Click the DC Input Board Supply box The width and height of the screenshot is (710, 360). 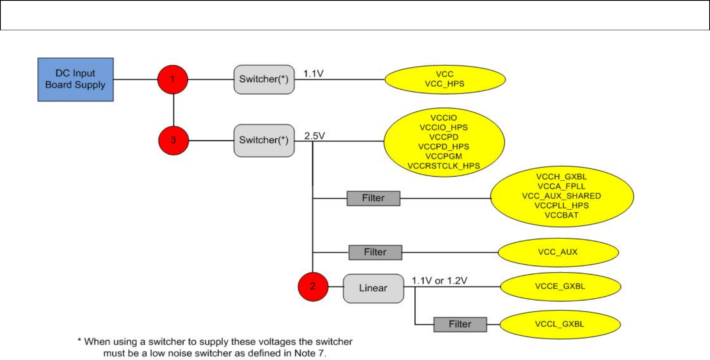click(76, 80)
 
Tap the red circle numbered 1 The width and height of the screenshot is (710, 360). click(173, 80)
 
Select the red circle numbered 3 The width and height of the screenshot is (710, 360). click(173, 140)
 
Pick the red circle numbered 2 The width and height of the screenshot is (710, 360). click(313, 287)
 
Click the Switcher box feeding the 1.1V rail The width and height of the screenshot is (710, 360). click(264, 80)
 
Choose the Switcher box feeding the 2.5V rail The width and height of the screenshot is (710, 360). click(264, 140)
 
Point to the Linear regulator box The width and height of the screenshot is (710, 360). click(373, 288)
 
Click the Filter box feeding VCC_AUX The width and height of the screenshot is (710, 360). click(375, 253)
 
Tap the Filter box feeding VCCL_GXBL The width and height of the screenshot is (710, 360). click(460, 325)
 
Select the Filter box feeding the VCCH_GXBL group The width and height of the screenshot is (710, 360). click(373, 198)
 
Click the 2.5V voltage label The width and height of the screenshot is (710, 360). click(314, 136)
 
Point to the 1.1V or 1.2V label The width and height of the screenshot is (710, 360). click(439, 281)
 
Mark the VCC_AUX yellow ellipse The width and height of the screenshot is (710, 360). click(558, 253)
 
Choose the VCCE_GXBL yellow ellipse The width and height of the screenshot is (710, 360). click(560, 287)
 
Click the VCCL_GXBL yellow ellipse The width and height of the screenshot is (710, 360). click(560, 325)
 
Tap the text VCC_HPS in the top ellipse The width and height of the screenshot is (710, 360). click(444, 84)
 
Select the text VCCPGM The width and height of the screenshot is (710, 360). click(444, 156)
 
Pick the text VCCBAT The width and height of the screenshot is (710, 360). click(561, 215)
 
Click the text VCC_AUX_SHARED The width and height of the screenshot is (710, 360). click(561, 196)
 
